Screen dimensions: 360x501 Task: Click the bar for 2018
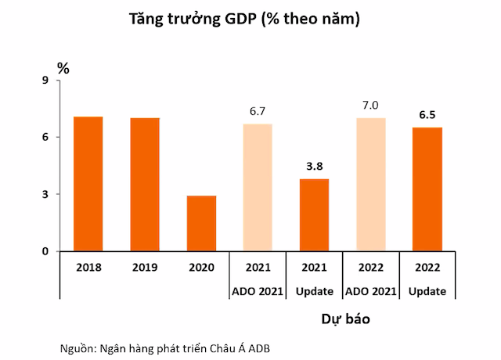pyautogui.click(x=88, y=184)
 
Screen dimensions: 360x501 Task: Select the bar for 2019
pyautogui.click(x=145, y=185)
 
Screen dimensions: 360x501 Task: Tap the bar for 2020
pyautogui.click(x=201, y=223)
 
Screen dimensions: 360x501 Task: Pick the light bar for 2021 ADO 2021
pyautogui.click(x=258, y=188)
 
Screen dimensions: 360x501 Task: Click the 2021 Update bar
pyautogui.click(x=314, y=215)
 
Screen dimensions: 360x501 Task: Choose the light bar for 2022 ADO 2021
pyautogui.click(x=370, y=185)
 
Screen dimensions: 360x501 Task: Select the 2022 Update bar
pyautogui.click(x=427, y=189)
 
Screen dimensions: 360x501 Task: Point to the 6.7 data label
pyautogui.click(x=258, y=112)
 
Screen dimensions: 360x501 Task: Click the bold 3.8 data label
pyautogui.click(x=314, y=166)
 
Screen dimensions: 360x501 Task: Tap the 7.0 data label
pyautogui.click(x=370, y=106)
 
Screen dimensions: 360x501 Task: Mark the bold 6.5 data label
pyautogui.click(x=427, y=115)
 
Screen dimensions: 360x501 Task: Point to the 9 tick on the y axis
pyautogui.click(x=45, y=81)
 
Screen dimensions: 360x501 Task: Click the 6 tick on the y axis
pyautogui.click(x=45, y=138)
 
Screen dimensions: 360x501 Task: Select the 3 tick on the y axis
pyautogui.click(x=45, y=194)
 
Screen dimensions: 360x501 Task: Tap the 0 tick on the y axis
pyautogui.click(x=45, y=251)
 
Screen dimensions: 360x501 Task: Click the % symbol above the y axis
pyautogui.click(x=63, y=68)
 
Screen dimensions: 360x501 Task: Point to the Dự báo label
pyautogui.click(x=344, y=319)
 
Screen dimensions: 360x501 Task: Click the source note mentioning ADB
pyautogui.click(x=169, y=347)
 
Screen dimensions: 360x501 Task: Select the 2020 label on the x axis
pyautogui.click(x=201, y=267)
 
